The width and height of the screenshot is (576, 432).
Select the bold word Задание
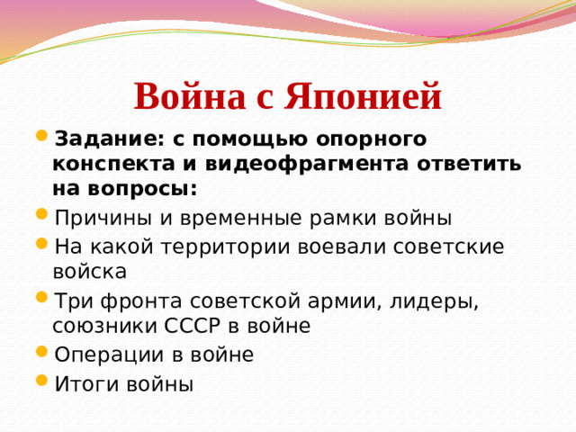pyautogui.click(x=105, y=140)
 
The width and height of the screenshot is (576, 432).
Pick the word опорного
pyautogui.click(x=368, y=140)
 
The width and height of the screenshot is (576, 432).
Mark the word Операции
pyautogui.click(x=108, y=355)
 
